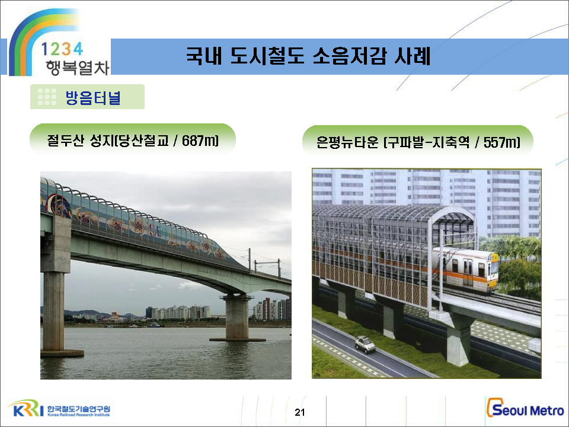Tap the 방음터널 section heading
(x=92, y=97)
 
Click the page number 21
(x=300, y=412)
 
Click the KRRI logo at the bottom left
(x=26, y=409)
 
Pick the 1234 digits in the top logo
(x=62, y=49)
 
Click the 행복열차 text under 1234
(x=77, y=68)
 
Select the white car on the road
(x=365, y=344)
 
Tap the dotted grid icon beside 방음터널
(x=47, y=97)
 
